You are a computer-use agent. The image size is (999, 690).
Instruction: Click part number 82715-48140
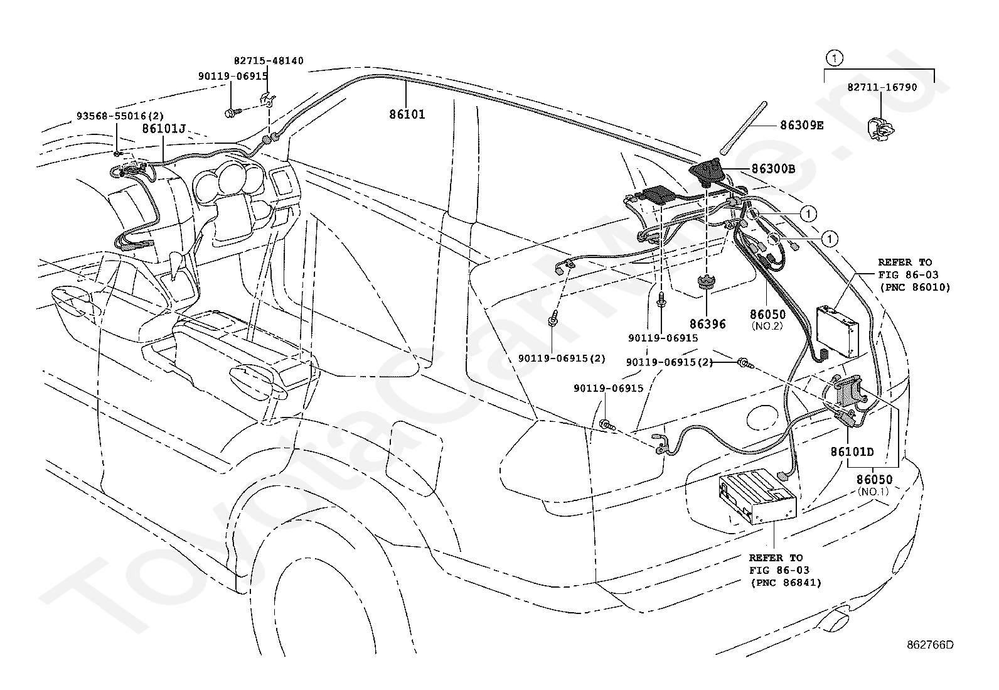[269, 61]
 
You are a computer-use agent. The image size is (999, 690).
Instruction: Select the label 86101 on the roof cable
[407, 114]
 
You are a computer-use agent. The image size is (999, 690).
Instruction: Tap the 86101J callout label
[164, 129]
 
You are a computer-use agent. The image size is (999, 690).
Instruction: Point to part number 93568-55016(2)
[120, 116]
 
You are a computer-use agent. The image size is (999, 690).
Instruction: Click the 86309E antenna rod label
[802, 126]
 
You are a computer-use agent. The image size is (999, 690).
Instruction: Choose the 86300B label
[773, 169]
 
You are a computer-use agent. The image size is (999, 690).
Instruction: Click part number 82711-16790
[882, 87]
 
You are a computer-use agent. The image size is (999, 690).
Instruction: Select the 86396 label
[708, 324]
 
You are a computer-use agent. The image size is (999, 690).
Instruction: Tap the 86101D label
[852, 452]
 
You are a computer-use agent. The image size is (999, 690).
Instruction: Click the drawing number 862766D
[931, 645]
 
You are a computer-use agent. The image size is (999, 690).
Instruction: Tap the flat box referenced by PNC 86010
[838, 331]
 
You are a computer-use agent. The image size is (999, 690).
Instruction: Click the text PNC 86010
[915, 288]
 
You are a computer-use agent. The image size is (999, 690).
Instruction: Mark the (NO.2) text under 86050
[767, 326]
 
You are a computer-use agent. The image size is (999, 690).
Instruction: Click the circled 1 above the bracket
[835, 58]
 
